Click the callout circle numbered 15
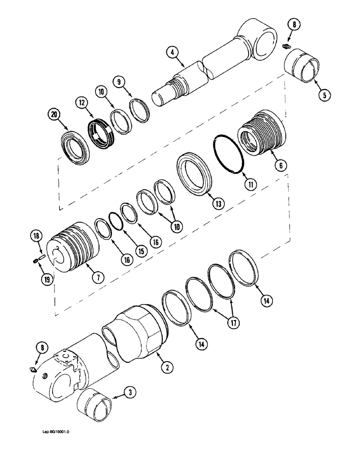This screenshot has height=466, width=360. [140, 250]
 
